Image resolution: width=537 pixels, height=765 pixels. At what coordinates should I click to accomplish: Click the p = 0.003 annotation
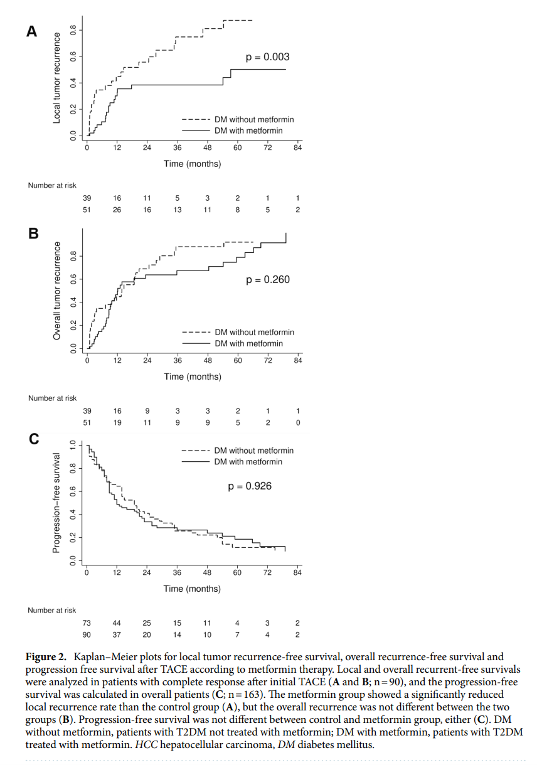click(268, 57)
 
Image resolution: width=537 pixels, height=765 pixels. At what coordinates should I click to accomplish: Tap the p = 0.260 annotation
click(268, 279)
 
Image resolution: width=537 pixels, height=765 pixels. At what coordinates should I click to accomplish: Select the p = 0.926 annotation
click(250, 486)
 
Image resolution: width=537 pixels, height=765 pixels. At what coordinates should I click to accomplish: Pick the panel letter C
click(33, 439)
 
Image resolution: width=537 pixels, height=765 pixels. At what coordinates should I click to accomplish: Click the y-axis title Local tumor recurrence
click(56, 78)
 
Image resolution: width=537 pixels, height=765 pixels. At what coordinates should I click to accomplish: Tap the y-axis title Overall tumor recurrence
click(56, 291)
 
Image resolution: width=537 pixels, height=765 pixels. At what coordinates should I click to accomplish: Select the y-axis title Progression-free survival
click(56, 503)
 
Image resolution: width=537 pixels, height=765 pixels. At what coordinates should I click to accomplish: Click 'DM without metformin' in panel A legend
click(254, 119)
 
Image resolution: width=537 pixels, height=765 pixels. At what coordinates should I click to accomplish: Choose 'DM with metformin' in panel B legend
click(248, 343)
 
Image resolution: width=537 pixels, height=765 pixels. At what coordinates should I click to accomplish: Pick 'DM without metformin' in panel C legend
click(253, 450)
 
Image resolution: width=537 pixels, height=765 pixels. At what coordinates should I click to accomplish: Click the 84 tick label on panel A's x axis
click(298, 148)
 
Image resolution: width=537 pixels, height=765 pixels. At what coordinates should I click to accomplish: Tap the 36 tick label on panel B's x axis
click(178, 360)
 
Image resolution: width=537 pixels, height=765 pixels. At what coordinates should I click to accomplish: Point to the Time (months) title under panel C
click(192, 589)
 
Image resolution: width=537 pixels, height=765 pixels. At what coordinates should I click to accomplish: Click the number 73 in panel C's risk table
click(87, 623)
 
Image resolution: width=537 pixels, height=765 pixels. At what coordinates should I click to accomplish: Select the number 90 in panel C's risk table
click(87, 634)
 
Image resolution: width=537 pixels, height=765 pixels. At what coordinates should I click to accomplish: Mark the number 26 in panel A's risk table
click(117, 210)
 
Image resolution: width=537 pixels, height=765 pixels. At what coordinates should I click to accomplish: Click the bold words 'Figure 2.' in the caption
click(46, 657)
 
